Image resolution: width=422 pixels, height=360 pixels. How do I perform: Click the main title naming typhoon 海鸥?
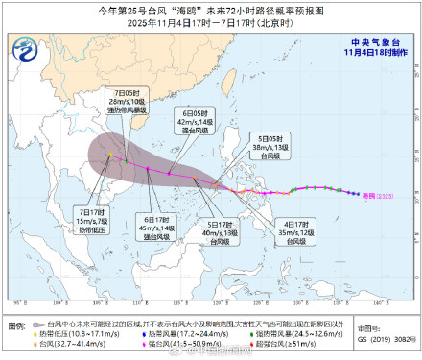point(210,10)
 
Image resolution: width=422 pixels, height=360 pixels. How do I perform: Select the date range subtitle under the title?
point(210,23)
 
